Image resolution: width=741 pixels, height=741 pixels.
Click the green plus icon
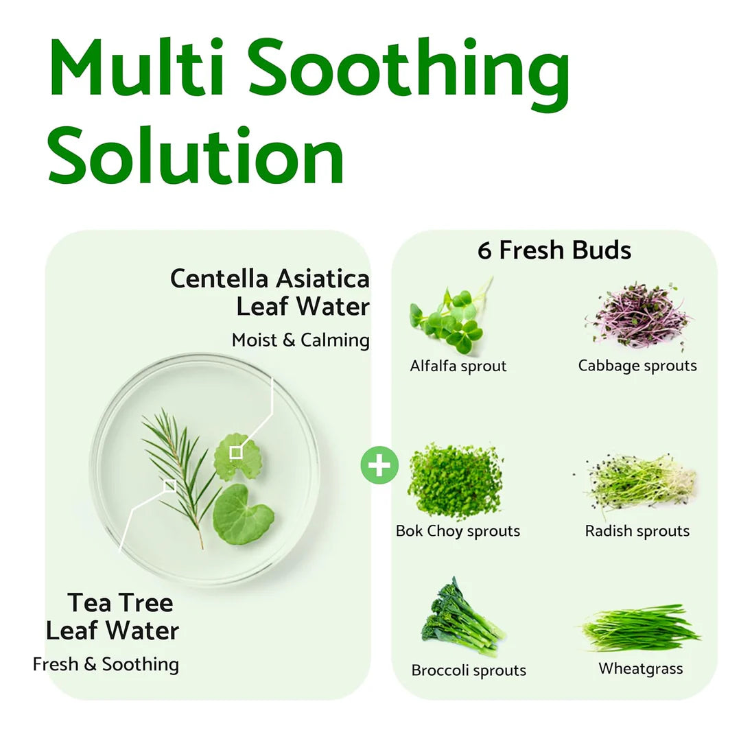click(x=379, y=466)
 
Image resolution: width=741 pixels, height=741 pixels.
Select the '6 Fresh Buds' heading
click(x=554, y=250)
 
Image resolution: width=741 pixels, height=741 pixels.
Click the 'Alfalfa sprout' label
click(x=458, y=366)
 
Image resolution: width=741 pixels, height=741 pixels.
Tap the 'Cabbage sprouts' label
click(x=637, y=366)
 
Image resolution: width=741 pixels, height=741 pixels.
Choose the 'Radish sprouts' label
click(x=637, y=531)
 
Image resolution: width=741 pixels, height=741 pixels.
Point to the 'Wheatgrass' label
click(x=641, y=668)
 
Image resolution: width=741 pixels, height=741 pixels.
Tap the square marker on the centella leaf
click(x=236, y=452)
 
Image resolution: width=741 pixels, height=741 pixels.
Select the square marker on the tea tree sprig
click(x=169, y=486)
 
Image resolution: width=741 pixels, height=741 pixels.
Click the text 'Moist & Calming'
click(x=301, y=340)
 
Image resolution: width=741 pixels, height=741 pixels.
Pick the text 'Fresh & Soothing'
click(x=106, y=664)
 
